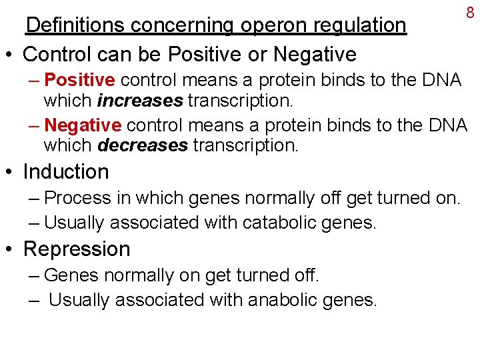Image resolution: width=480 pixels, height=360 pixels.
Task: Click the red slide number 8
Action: click(x=469, y=12)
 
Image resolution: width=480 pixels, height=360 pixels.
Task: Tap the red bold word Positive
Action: click(x=80, y=81)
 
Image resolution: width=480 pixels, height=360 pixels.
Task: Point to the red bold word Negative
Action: click(x=83, y=125)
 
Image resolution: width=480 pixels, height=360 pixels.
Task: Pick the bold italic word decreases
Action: click(x=143, y=145)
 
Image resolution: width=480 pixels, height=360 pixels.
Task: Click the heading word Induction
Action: click(x=66, y=172)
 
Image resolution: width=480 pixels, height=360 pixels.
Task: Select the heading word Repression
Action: click(x=77, y=249)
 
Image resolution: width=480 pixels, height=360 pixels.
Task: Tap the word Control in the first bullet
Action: click(x=55, y=53)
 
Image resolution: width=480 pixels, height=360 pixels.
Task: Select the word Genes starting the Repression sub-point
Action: click(x=72, y=275)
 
